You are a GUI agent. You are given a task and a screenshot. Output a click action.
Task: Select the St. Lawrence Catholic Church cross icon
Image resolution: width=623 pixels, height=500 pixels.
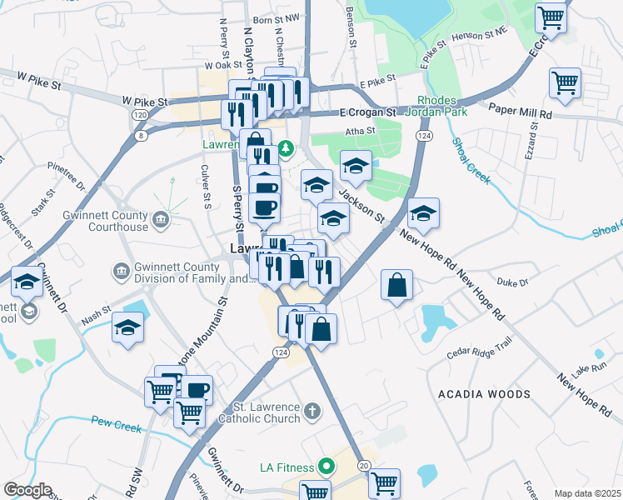[x=311, y=411]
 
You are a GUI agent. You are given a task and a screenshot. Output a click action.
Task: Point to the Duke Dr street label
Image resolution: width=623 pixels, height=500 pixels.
[x=511, y=282]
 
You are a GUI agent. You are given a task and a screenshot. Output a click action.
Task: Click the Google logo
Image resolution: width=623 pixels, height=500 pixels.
[x=27, y=490]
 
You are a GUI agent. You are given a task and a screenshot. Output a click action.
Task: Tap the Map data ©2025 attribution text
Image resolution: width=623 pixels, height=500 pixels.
[x=586, y=493]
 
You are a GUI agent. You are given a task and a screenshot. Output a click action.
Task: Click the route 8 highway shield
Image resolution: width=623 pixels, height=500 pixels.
[x=142, y=135]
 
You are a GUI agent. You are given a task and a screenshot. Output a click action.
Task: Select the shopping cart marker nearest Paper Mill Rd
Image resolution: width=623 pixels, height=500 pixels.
[x=565, y=83]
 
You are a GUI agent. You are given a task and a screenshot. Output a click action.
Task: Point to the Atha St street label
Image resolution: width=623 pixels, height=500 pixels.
[x=358, y=131]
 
